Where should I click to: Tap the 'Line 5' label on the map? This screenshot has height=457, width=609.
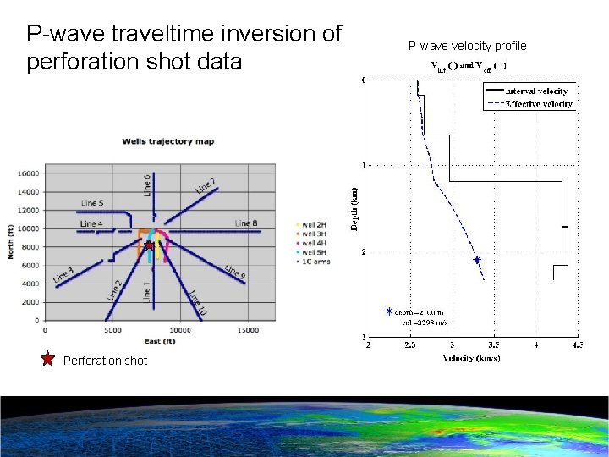[92, 203]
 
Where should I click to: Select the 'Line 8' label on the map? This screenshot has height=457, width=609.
[246, 223]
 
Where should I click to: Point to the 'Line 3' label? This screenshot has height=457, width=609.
[63, 275]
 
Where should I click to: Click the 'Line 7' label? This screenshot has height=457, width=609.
[206, 185]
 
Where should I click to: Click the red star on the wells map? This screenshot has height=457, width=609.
[148, 246]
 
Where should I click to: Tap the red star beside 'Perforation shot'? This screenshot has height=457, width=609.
[48, 360]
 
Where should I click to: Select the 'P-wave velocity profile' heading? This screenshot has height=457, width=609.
[467, 46]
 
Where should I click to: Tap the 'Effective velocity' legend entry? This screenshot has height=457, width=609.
[538, 104]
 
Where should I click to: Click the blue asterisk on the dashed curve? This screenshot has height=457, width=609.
[477, 260]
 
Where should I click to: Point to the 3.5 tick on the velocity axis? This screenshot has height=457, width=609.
[494, 345]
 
